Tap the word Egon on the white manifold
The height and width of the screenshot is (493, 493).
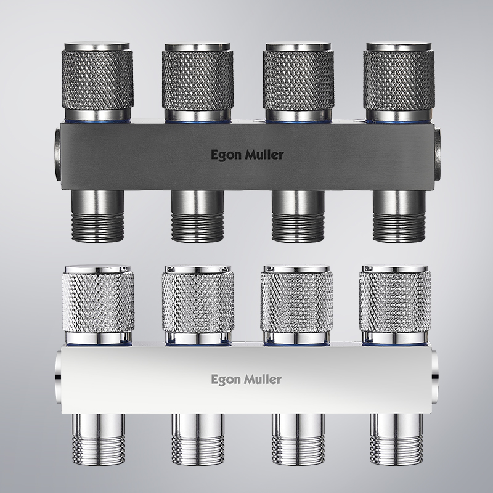tap(223, 380)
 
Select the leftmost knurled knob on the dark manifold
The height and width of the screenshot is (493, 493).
tap(97, 81)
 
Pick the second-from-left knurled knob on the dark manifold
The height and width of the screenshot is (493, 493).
tap(198, 82)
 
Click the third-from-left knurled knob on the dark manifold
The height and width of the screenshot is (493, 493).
tap(298, 82)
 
